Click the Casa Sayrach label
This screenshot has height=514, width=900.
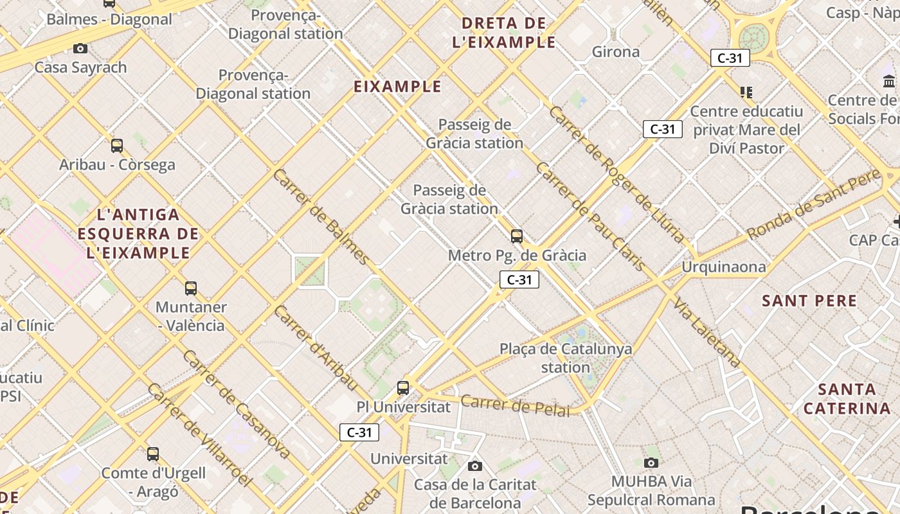point(81,67)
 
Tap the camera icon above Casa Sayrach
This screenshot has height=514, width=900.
point(80,48)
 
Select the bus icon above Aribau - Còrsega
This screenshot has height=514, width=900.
point(116,146)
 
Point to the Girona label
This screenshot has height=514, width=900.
point(615,52)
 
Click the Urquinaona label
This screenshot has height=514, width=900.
point(724,267)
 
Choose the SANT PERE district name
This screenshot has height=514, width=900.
point(809,301)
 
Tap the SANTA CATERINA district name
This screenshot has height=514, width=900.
point(847,399)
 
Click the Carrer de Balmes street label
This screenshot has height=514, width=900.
point(322,217)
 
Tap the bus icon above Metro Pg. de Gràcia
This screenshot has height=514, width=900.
point(517,236)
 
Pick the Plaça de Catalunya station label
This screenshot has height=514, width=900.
point(566,359)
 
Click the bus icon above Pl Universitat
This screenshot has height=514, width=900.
point(403,388)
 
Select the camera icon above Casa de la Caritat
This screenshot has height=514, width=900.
point(475,466)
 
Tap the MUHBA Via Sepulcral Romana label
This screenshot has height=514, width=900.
point(651,490)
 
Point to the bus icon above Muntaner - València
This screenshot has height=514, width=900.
point(191,288)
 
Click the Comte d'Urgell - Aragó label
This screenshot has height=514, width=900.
point(154,483)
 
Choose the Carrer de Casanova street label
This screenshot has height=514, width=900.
point(236,404)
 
